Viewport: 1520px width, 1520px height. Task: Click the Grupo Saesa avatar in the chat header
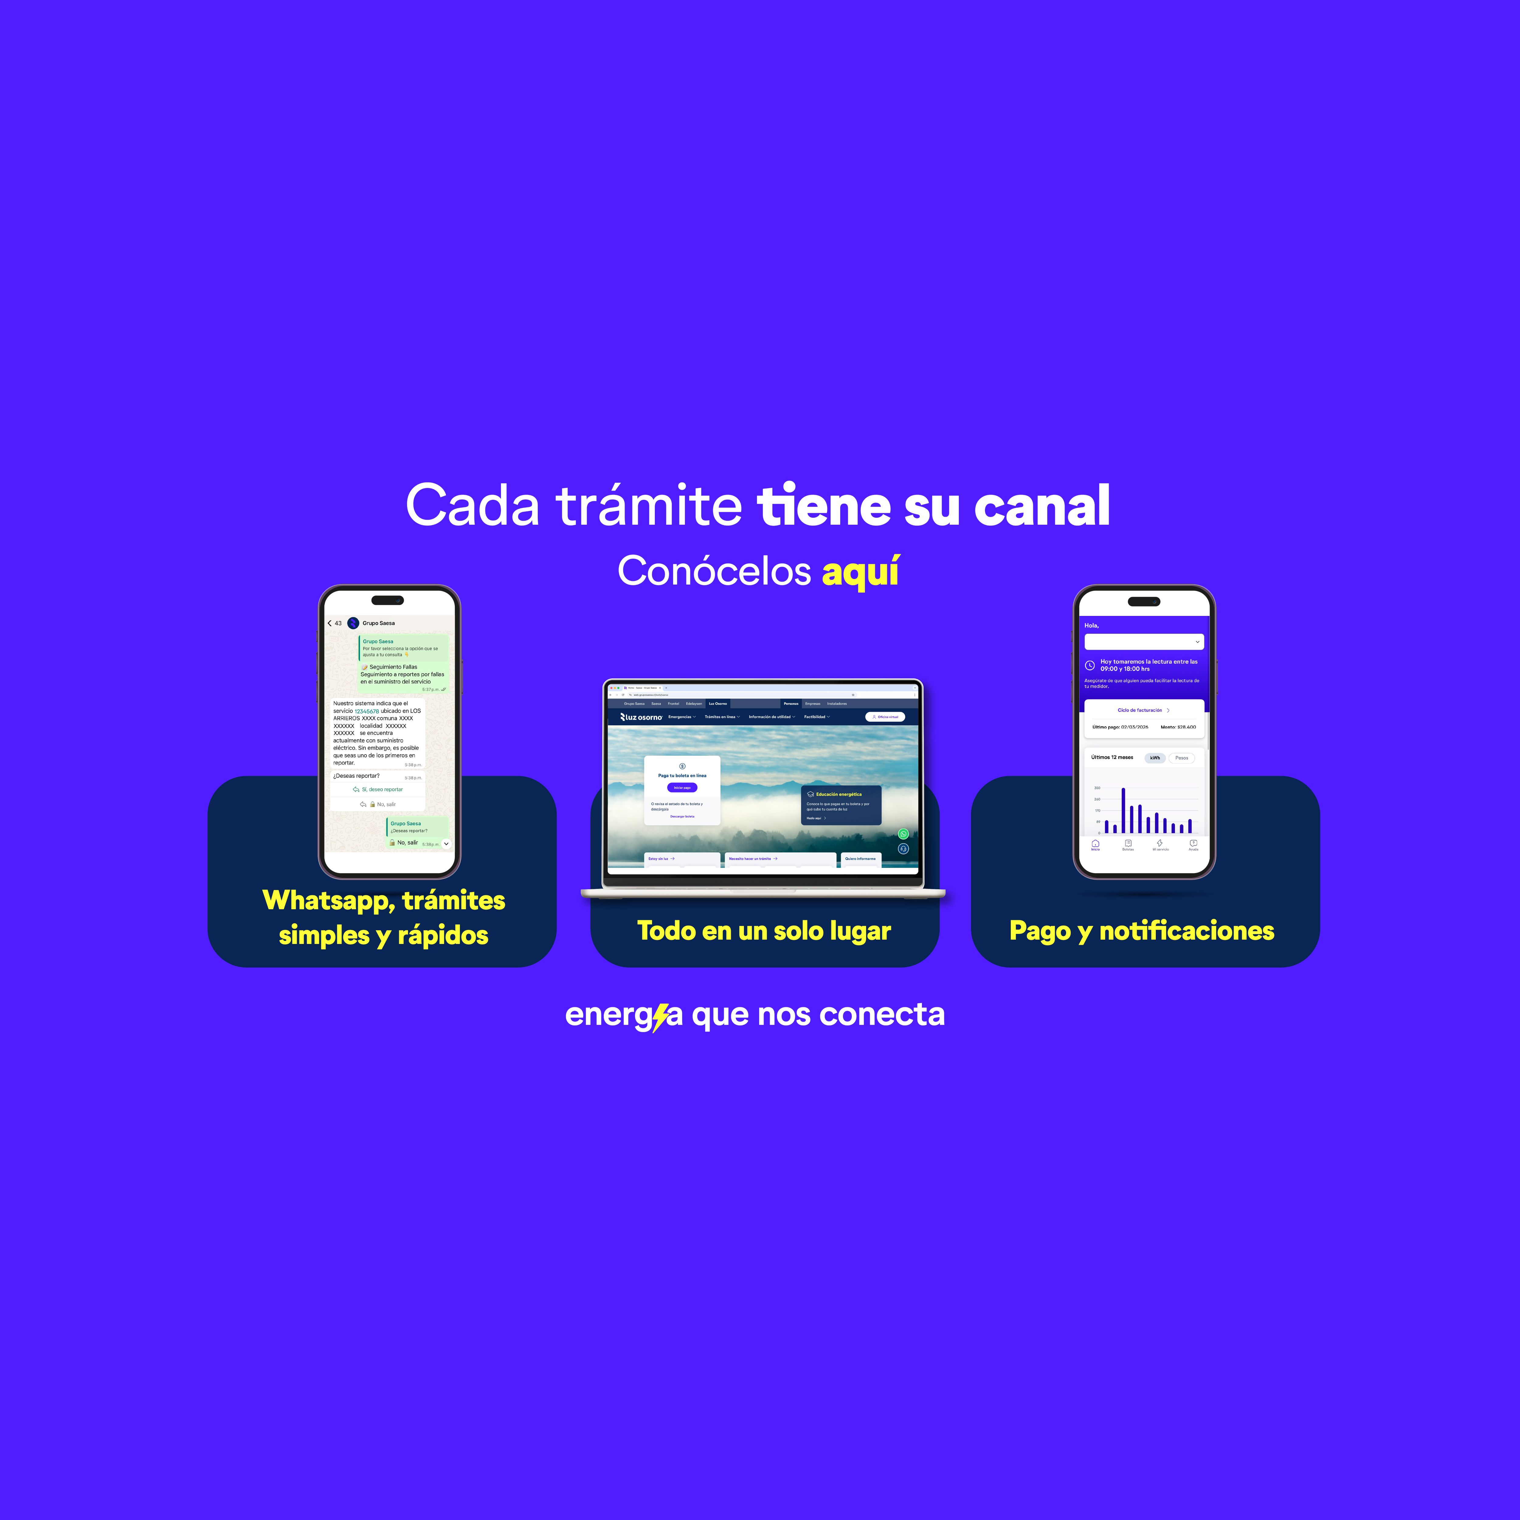(x=353, y=623)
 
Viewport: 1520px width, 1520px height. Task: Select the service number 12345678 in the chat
(x=367, y=711)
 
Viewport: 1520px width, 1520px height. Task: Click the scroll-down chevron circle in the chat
(x=446, y=843)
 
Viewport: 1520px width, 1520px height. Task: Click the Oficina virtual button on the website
(x=885, y=717)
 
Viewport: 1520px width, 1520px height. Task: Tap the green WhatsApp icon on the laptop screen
(x=903, y=834)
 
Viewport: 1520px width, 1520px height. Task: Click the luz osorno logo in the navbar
(x=641, y=717)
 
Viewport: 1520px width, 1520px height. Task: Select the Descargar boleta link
(x=682, y=817)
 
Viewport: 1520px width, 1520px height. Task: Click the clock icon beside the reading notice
(x=1090, y=665)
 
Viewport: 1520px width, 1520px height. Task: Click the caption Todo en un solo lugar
(x=764, y=931)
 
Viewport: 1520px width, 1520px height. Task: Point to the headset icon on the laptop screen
(x=903, y=849)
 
